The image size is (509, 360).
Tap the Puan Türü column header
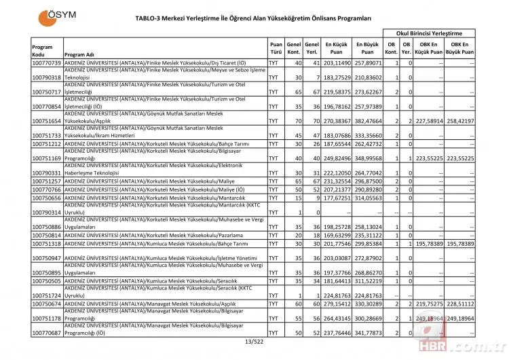275,50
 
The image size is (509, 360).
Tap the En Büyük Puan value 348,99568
367,158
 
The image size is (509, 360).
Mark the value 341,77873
367,334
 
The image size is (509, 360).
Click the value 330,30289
367,304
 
